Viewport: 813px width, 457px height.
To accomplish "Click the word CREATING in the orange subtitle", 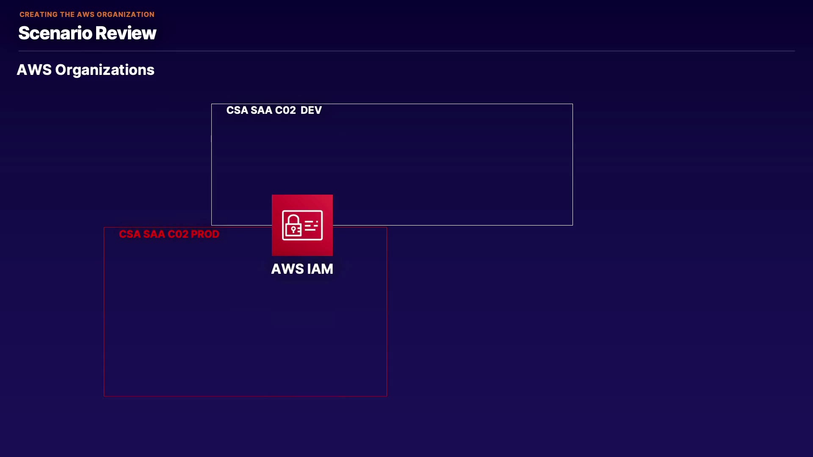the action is (39, 14).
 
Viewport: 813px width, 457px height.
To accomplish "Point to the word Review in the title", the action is (125, 33).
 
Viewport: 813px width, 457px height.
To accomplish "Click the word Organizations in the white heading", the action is (105, 70).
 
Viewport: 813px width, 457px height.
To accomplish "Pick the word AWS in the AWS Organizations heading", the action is (34, 70).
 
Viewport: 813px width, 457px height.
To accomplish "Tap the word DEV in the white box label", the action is (311, 110).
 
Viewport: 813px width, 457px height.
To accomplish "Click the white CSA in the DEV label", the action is (237, 110).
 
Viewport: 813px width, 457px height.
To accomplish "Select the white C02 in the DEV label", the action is (285, 110).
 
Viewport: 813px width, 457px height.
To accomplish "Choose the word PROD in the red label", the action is (205, 234).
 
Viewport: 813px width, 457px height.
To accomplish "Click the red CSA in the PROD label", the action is (130, 234).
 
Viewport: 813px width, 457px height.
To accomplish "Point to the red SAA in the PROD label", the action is (154, 234).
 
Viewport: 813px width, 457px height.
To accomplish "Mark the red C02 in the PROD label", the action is (178, 234).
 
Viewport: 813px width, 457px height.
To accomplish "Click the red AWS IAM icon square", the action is (302, 225).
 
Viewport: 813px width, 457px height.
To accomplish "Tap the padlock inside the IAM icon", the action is (293, 225).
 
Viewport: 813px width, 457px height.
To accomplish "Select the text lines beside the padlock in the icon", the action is (311, 226).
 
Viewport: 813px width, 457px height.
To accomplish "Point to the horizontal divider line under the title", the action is (406, 51).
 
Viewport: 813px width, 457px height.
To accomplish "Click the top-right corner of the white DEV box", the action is (572, 104).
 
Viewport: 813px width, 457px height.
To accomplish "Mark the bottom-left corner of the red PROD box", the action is (104, 396).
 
